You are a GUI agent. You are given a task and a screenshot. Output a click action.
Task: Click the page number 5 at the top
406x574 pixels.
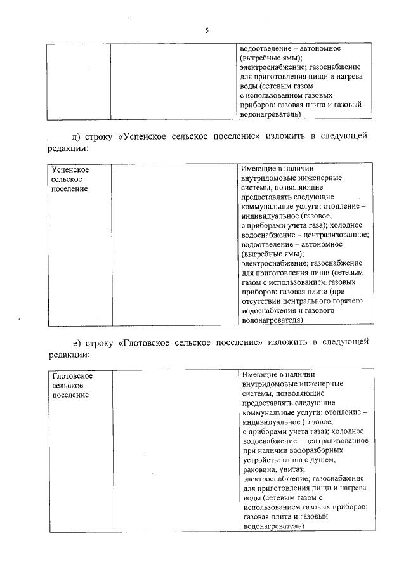(x=207, y=30)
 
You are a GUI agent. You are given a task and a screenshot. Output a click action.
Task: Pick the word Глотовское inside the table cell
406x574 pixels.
(x=72, y=376)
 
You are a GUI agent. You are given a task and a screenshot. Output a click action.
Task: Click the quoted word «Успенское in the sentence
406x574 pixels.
(x=147, y=136)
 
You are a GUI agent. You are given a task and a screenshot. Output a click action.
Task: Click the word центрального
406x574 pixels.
(x=311, y=301)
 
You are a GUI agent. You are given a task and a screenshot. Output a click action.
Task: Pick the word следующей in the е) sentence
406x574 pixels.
(x=346, y=342)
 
